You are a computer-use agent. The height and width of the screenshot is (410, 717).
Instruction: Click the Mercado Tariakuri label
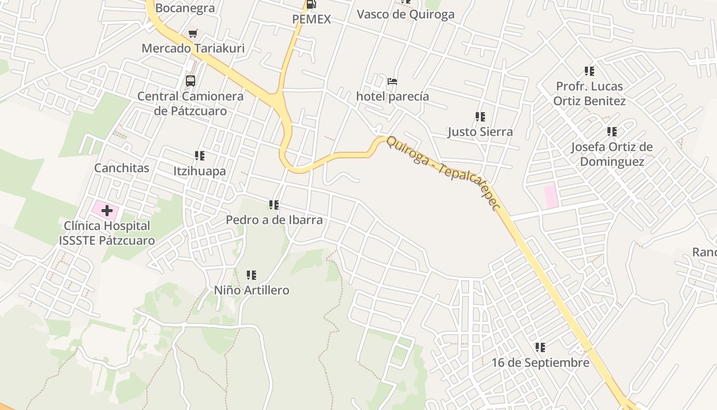pyautogui.click(x=193, y=48)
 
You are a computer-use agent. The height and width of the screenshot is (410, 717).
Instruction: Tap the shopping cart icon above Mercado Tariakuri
pyautogui.click(x=193, y=34)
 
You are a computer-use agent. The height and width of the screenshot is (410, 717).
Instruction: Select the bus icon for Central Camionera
pyautogui.click(x=191, y=81)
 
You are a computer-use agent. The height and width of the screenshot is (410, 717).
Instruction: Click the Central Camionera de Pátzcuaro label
pyautogui.click(x=191, y=104)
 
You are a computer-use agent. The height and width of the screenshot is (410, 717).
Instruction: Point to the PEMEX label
pyautogui.click(x=311, y=19)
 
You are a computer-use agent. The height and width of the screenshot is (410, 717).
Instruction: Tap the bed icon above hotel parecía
pyautogui.click(x=392, y=81)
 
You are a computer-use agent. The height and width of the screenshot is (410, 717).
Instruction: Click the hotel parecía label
pyautogui.click(x=392, y=96)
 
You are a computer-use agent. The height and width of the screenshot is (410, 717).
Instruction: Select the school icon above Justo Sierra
pyautogui.click(x=480, y=117)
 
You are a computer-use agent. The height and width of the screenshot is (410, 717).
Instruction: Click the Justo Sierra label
pyautogui.click(x=480, y=132)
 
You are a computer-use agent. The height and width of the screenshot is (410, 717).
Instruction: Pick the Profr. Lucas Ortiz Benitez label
pyautogui.click(x=589, y=93)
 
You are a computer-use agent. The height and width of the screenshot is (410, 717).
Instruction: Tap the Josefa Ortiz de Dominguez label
pyautogui.click(x=611, y=154)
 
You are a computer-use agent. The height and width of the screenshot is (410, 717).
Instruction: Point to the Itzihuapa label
pyautogui.click(x=199, y=171)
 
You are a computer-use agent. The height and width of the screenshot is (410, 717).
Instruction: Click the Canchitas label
pyautogui.click(x=122, y=168)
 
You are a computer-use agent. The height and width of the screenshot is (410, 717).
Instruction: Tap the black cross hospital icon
pyautogui.click(x=107, y=211)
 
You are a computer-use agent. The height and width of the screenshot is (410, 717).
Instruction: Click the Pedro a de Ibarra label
pyautogui.click(x=274, y=220)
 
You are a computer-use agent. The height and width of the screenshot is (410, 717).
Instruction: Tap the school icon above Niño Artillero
pyautogui.click(x=251, y=275)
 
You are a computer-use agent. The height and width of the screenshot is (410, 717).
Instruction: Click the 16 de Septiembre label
pyautogui.click(x=540, y=363)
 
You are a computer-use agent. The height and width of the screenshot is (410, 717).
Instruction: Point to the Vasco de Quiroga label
pyautogui.click(x=406, y=14)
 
